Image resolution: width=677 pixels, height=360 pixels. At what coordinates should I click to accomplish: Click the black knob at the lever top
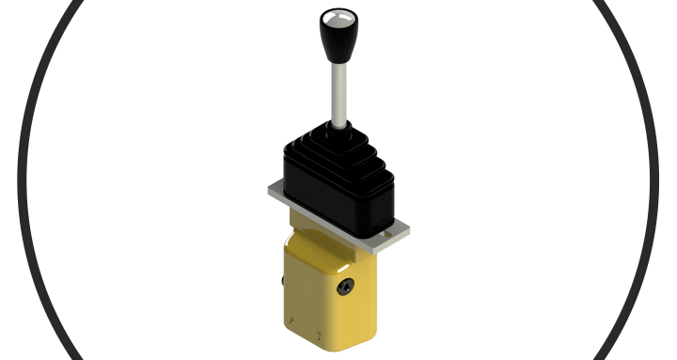click(x=336, y=33)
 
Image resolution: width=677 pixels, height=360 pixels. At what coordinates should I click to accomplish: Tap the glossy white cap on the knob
click(x=336, y=17)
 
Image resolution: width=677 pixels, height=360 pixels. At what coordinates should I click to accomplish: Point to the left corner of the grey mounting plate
click(x=272, y=189)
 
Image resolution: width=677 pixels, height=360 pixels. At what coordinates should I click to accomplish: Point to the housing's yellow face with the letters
click(x=306, y=301)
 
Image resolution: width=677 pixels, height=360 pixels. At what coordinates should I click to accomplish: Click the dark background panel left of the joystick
click(x=141, y=179)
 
